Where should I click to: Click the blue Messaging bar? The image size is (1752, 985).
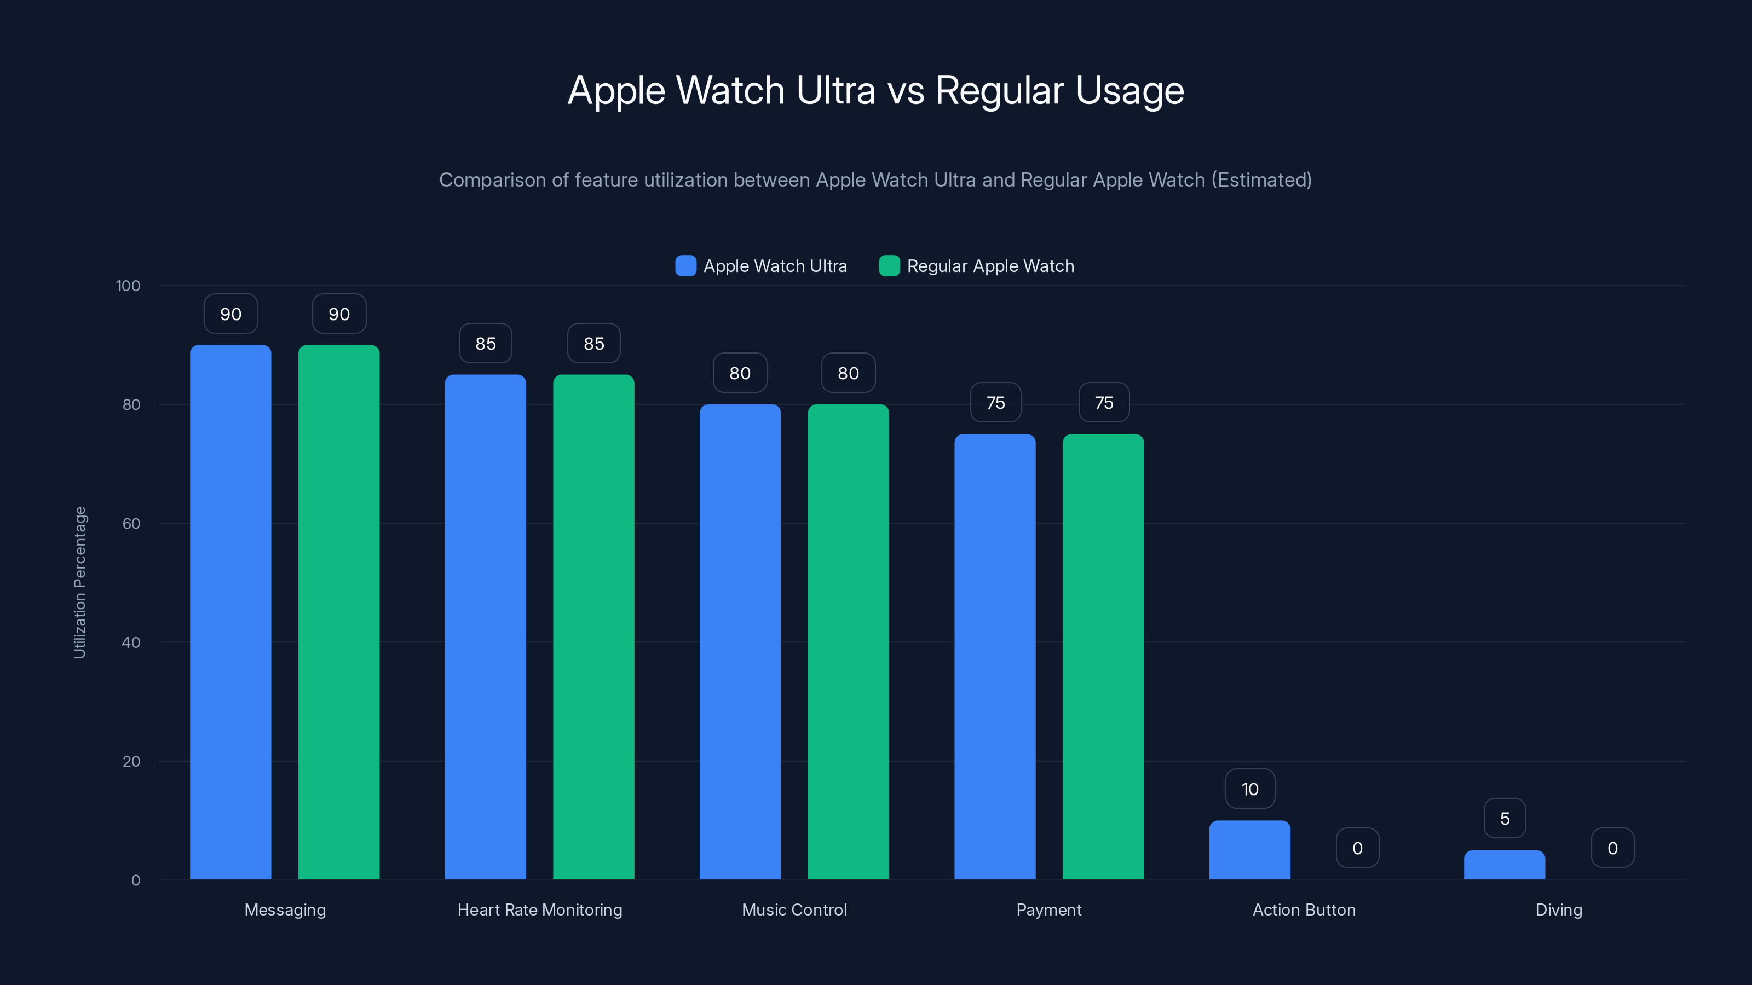tap(230, 612)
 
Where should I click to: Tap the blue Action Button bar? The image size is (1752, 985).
tap(1249, 850)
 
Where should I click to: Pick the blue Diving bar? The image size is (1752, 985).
tap(1505, 865)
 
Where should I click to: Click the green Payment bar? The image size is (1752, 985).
tap(1103, 657)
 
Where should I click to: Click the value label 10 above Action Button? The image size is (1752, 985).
tap(1250, 789)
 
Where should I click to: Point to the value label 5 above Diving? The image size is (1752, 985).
tap(1505, 819)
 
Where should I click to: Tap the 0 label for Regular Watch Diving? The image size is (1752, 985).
tap(1612, 848)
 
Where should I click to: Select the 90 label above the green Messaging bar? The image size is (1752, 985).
tap(339, 314)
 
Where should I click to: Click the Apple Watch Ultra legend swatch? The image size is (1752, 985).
tap(685, 266)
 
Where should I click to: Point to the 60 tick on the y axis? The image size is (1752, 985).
tap(131, 524)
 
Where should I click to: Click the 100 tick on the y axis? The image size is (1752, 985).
tap(128, 286)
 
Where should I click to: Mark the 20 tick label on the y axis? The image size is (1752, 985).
tap(131, 761)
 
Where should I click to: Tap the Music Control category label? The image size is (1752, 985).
tap(794, 909)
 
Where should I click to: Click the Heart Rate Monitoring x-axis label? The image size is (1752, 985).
tap(539, 909)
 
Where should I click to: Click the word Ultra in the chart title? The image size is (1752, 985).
tap(836, 90)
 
